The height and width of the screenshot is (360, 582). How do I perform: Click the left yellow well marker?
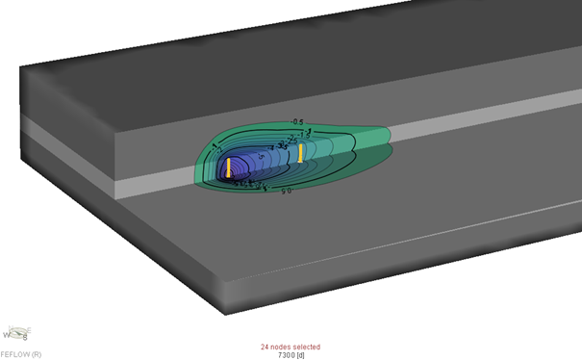click(x=229, y=167)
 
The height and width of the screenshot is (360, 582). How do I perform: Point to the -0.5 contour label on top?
click(x=297, y=122)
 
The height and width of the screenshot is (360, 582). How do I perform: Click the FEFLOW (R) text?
click(x=21, y=354)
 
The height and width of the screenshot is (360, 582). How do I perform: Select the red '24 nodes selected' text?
click(x=291, y=347)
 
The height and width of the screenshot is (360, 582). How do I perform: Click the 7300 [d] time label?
click(x=291, y=355)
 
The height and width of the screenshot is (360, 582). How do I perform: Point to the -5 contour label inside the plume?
click(x=260, y=157)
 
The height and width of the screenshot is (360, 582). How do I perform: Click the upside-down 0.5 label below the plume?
click(x=286, y=192)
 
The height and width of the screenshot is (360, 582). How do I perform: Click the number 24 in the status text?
click(x=265, y=347)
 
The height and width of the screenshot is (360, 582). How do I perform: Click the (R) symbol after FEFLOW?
click(x=35, y=354)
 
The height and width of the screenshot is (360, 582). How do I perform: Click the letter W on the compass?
click(x=9, y=336)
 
